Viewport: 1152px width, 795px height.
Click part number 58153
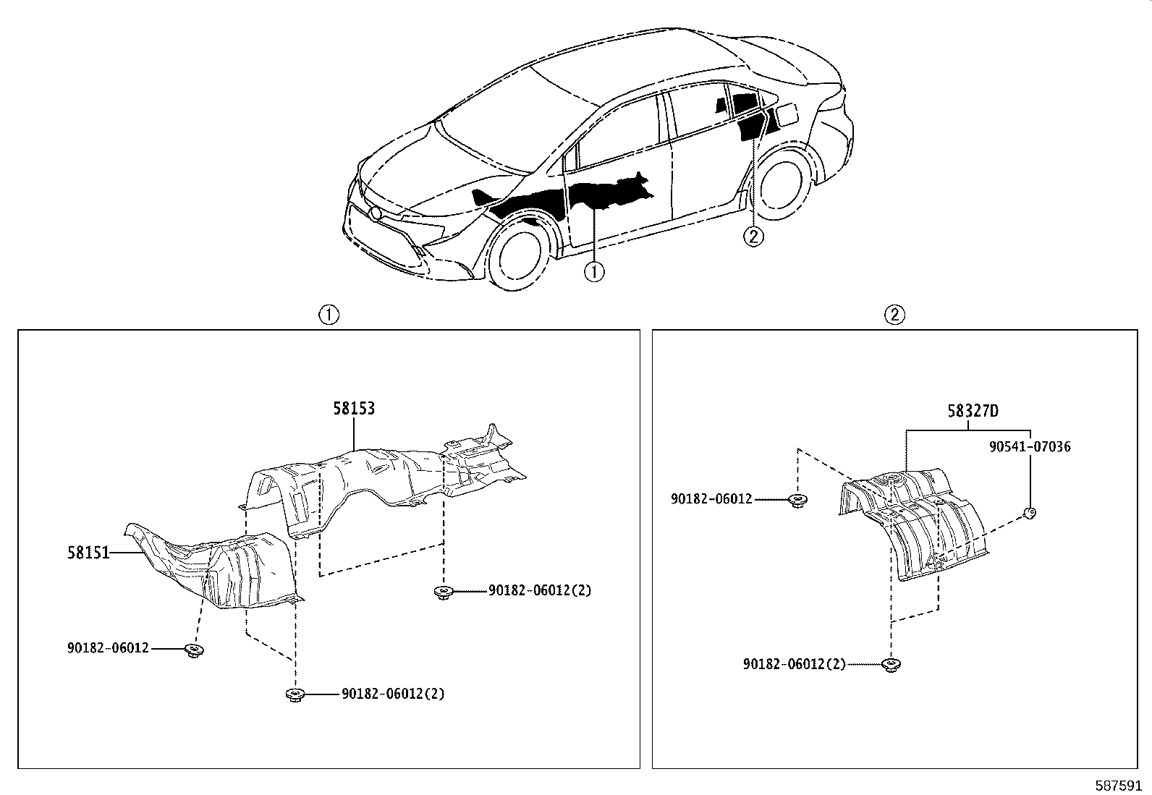click(354, 408)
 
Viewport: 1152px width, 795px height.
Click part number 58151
click(88, 553)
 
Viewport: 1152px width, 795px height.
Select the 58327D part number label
click(973, 411)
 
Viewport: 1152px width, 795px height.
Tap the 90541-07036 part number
click(1030, 446)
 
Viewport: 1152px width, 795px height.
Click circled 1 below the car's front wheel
click(594, 272)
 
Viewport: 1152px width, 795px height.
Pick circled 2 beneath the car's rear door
click(753, 236)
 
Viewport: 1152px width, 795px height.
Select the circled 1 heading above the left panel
click(329, 315)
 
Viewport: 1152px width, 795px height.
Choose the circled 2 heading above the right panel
click(894, 315)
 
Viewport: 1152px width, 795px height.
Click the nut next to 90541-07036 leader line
click(1030, 514)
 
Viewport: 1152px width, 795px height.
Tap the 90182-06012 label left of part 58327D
click(711, 499)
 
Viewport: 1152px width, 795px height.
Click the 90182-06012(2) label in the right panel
click(794, 663)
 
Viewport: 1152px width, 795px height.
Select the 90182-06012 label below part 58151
click(108, 648)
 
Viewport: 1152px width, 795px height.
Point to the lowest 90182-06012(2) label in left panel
click(393, 694)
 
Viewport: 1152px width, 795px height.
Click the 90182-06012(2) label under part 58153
click(539, 590)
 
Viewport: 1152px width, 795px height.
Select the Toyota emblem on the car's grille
click(376, 213)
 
